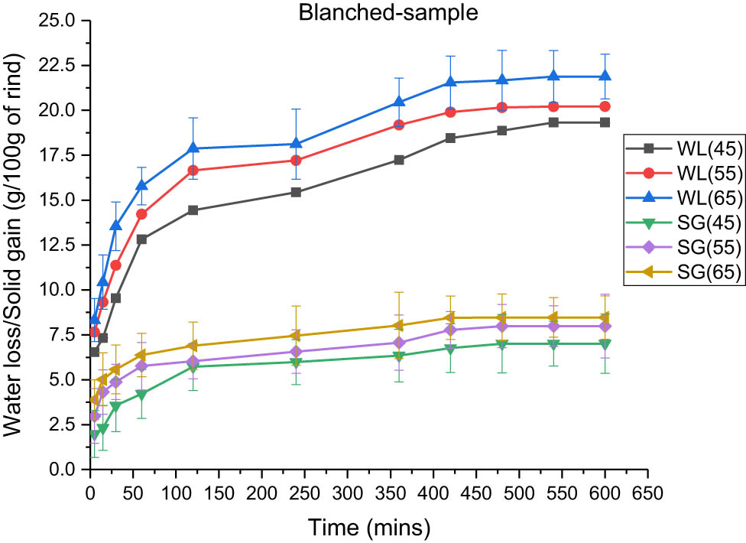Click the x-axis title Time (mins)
[x=369, y=527]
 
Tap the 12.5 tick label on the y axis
[x=63, y=245]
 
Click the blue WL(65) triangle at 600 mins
[x=604, y=76]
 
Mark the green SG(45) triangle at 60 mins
[x=141, y=395]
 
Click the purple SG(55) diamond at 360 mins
[x=398, y=343]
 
